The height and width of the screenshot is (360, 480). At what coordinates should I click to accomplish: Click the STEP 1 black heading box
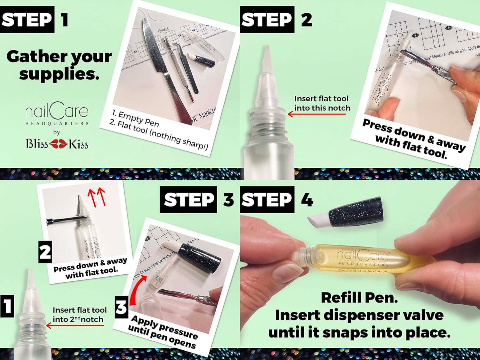click(27, 20)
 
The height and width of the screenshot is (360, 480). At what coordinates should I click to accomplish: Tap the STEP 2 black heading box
click(267, 20)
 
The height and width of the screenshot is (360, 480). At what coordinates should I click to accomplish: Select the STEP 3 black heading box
click(188, 200)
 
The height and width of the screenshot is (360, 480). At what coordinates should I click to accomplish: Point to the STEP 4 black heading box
click(267, 200)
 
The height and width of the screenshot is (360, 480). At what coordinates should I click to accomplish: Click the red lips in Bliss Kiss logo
click(58, 144)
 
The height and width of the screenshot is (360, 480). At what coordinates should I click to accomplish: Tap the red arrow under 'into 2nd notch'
click(75, 325)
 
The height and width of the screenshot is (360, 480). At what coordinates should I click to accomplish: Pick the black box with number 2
click(45, 252)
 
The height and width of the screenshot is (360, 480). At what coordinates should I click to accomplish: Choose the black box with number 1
click(7, 306)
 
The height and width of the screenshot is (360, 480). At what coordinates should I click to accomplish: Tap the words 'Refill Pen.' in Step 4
click(359, 298)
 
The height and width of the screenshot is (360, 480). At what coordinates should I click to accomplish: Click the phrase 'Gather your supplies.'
click(59, 65)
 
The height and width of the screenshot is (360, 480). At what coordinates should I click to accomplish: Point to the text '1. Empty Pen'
click(135, 119)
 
